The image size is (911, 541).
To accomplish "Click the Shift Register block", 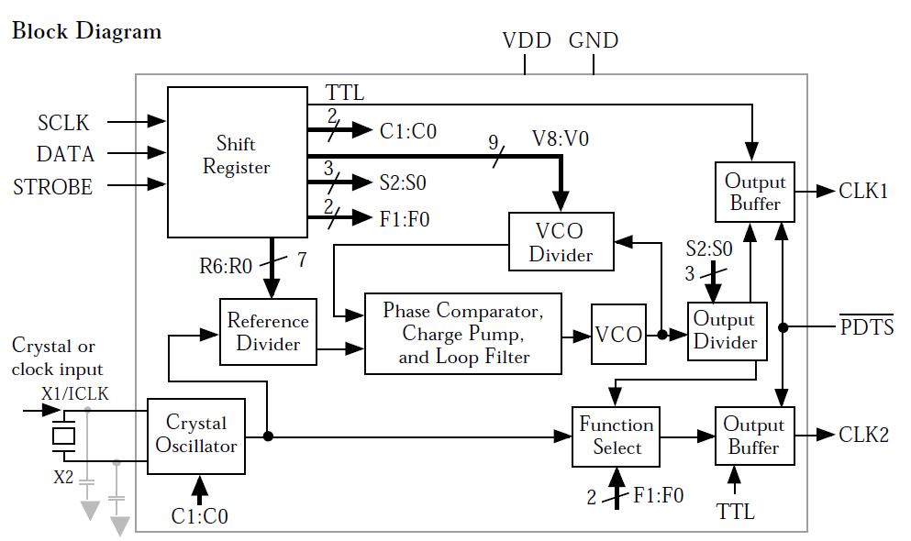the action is pyautogui.click(x=237, y=162).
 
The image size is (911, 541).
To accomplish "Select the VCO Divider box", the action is pyautogui.click(x=561, y=241).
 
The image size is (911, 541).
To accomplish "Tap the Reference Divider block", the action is pyautogui.click(x=268, y=332).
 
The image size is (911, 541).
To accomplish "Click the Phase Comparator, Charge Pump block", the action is pyautogui.click(x=463, y=334).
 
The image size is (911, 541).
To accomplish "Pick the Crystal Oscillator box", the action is pyautogui.click(x=195, y=436).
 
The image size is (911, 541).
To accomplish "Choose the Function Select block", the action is pyautogui.click(x=616, y=436).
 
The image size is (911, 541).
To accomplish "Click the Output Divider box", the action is pyautogui.click(x=727, y=331).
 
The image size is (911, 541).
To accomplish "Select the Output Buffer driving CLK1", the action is pyautogui.click(x=755, y=193).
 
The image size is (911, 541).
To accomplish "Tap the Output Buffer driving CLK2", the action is pyautogui.click(x=754, y=436).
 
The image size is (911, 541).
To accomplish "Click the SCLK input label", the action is pyautogui.click(x=63, y=123).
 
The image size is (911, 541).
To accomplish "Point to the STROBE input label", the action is pyautogui.click(x=53, y=187).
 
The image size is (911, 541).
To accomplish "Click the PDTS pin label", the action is pyautogui.click(x=867, y=326).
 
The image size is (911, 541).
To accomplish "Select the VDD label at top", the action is pyautogui.click(x=527, y=40).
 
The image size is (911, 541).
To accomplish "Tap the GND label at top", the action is pyautogui.click(x=594, y=40).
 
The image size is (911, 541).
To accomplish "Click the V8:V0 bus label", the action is pyautogui.click(x=561, y=138).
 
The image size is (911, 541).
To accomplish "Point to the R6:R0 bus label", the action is pyautogui.click(x=226, y=266).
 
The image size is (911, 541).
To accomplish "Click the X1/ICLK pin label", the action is pyautogui.click(x=75, y=394).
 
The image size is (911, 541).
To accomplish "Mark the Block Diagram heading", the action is pyautogui.click(x=86, y=31).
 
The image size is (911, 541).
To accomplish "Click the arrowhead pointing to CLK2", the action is pyautogui.click(x=827, y=435).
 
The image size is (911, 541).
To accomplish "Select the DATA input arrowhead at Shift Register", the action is pyautogui.click(x=157, y=153).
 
